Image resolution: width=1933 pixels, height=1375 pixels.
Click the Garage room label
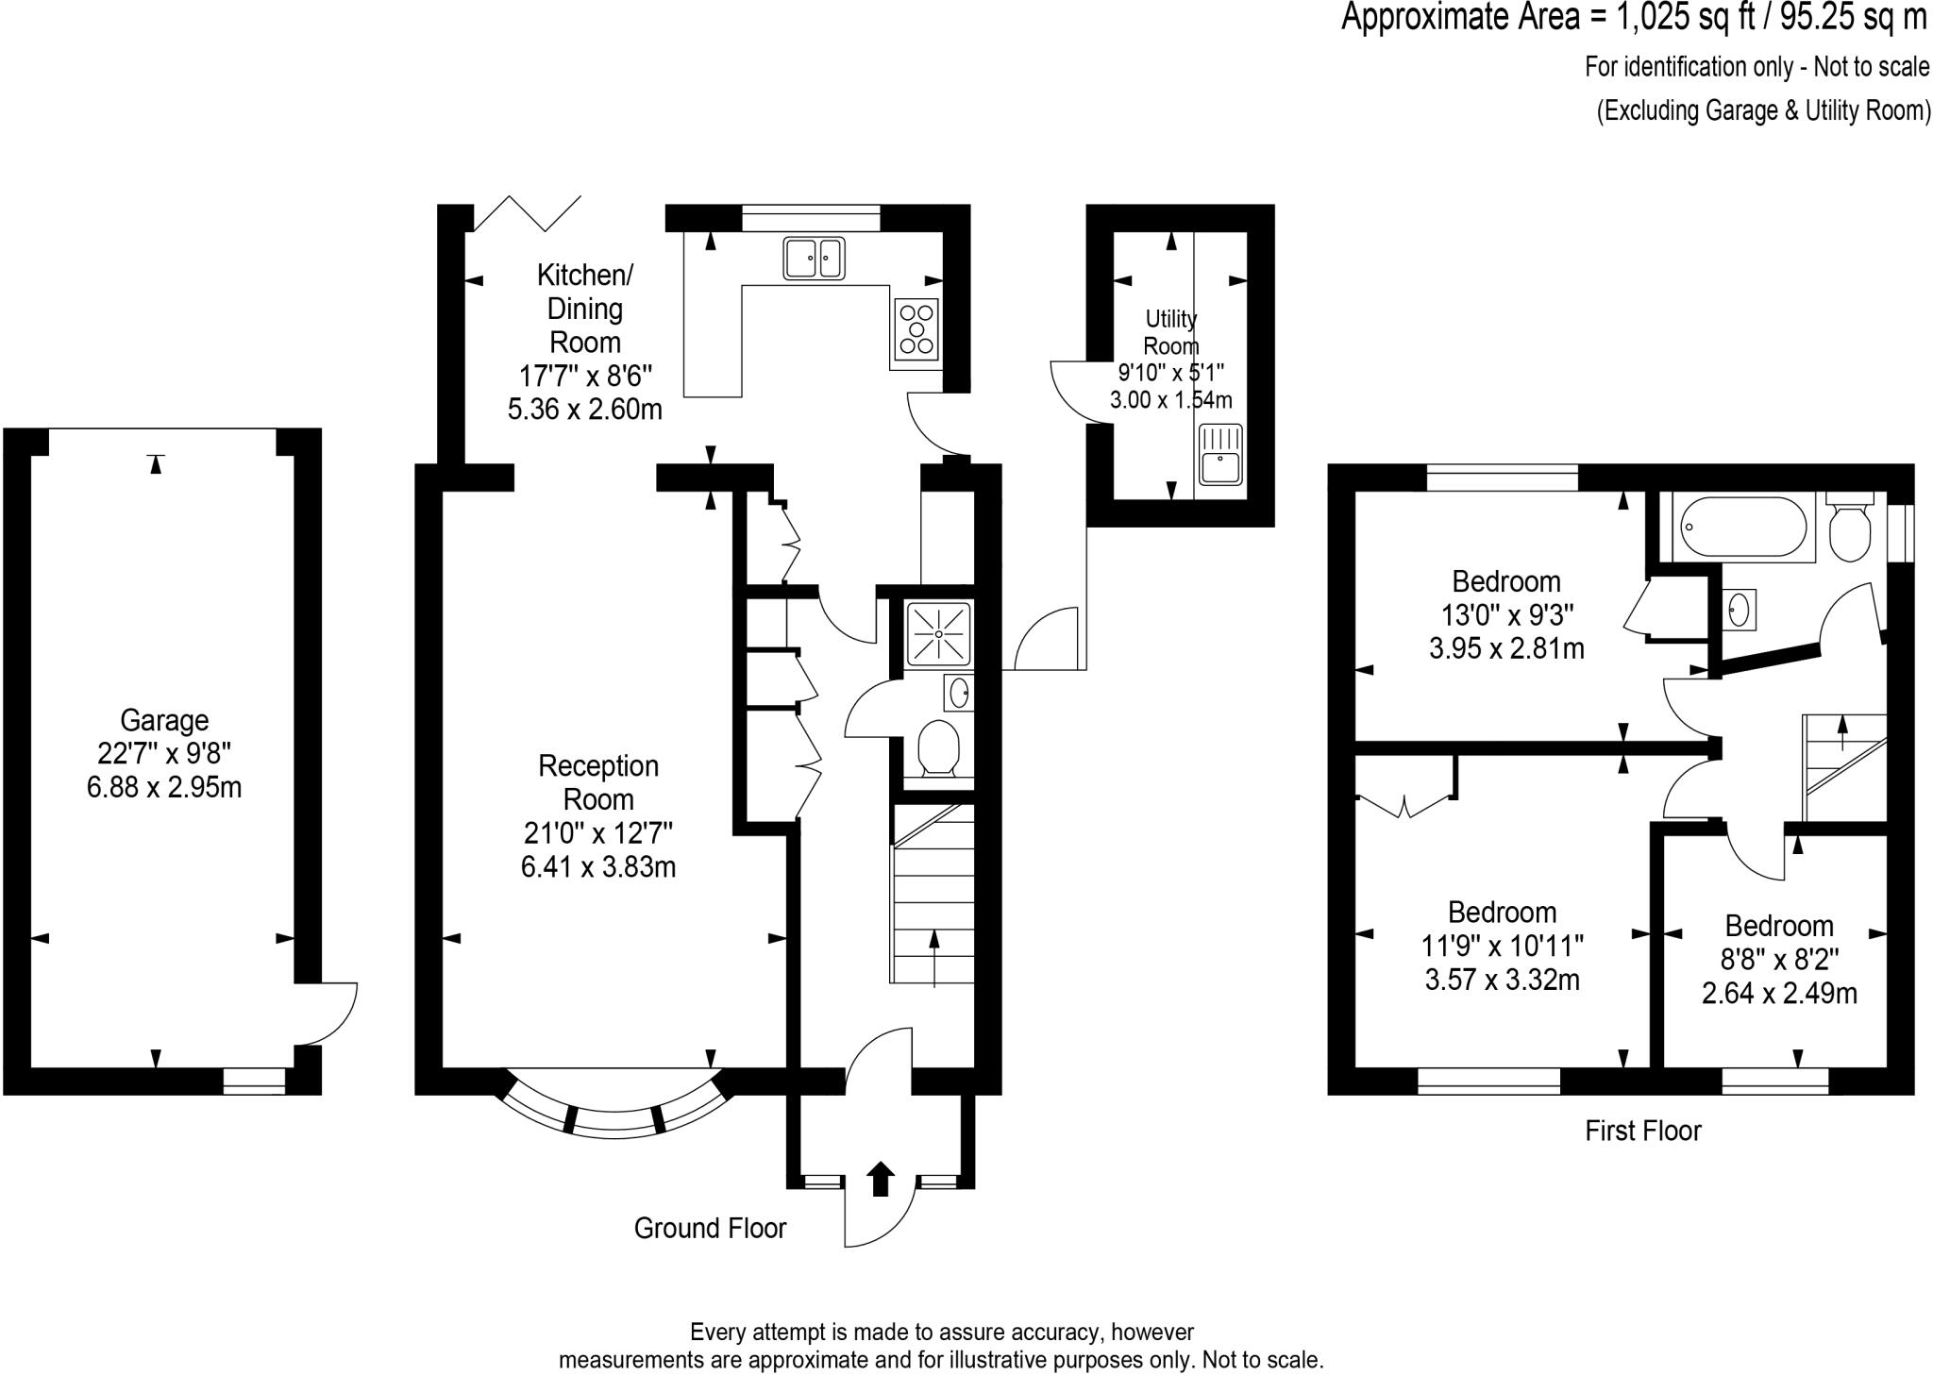tap(163, 720)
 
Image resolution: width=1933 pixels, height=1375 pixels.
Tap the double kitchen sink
tap(814, 258)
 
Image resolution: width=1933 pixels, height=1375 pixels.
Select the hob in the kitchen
tap(916, 329)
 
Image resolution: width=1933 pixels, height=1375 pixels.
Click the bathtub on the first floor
tap(1744, 527)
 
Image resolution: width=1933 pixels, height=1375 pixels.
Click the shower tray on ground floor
tap(938, 633)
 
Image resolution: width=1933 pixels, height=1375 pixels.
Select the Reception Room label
tap(597, 782)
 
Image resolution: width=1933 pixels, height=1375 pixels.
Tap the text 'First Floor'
tap(1642, 1131)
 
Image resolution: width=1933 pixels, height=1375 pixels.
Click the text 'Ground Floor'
tap(710, 1228)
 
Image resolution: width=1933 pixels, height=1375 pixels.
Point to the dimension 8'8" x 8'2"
tap(1779, 960)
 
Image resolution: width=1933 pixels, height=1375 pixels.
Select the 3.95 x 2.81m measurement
tap(1506, 648)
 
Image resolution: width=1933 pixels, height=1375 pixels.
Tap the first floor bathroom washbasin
tap(1740, 610)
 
